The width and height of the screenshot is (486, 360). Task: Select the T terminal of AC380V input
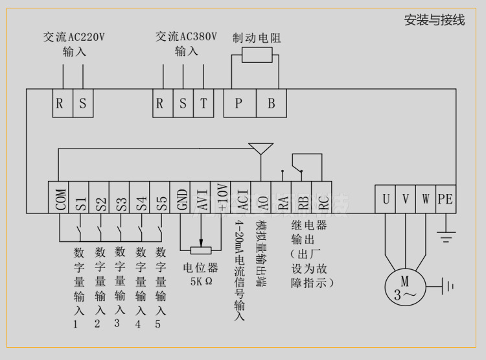click(203, 104)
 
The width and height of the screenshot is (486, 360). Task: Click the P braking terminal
click(239, 104)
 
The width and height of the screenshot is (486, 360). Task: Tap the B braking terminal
click(272, 104)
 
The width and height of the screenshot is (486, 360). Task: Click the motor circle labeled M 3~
click(405, 287)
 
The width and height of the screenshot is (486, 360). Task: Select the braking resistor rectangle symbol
click(257, 55)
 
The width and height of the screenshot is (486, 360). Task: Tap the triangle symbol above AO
click(260, 148)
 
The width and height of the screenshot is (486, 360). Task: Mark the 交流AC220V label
click(74, 37)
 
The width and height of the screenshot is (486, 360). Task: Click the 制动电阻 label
click(257, 38)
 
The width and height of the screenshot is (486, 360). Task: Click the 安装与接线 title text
click(434, 20)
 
